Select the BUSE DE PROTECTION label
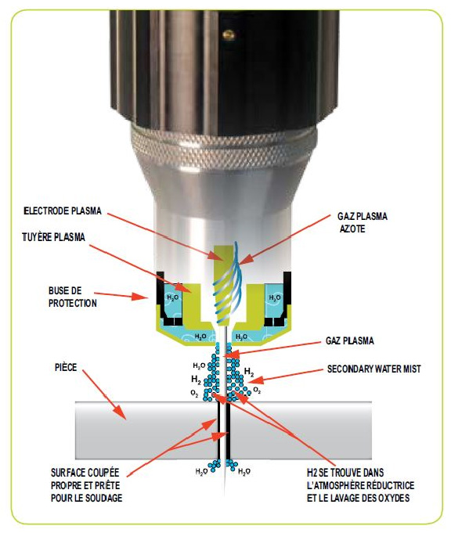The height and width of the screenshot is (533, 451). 63,296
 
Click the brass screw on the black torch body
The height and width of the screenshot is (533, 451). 228,34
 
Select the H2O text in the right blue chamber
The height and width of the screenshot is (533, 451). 276,298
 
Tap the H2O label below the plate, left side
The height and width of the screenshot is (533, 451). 201,472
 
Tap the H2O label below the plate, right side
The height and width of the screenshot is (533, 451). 244,472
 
